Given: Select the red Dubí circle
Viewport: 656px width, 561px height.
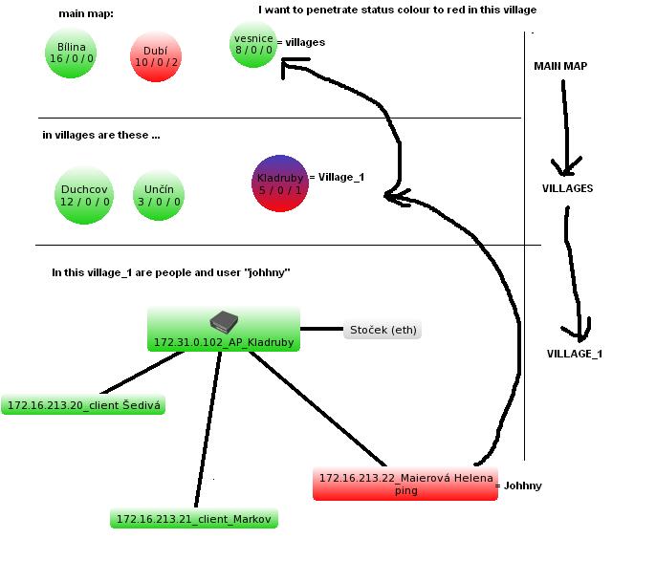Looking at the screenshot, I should [x=156, y=56].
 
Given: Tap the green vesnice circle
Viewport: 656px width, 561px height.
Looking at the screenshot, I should [x=253, y=45].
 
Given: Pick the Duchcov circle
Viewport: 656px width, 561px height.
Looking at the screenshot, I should [x=84, y=195].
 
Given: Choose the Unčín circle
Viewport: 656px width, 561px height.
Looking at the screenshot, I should [x=158, y=195].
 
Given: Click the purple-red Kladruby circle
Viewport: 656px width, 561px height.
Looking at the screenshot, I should [x=279, y=183].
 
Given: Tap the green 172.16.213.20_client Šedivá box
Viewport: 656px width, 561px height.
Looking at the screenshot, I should [x=83, y=405].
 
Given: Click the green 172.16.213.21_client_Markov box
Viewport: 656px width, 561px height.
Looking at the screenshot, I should [x=194, y=519].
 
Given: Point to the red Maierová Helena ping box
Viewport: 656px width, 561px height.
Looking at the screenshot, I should [x=405, y=484].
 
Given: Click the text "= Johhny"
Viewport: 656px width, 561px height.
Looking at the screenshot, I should [x=519, y=485].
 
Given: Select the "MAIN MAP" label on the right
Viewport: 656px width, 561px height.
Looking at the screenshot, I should [x=560, y=66].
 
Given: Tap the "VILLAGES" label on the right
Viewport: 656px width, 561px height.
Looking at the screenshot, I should [x=567, y=188].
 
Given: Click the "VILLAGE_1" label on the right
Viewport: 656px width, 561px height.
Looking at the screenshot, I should [x=574, y=354].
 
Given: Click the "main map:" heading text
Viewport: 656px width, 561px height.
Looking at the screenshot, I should [x=85, y=13].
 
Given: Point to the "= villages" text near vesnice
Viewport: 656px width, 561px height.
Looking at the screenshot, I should [x=300, y=42].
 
